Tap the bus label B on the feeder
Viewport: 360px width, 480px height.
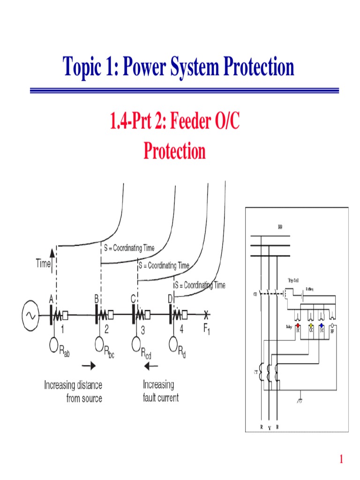[x=97, y=299]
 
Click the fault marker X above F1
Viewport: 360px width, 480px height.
[x=207, y=315]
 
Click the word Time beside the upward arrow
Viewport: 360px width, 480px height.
[x=43, y=264]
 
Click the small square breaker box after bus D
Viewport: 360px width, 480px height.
[x=185, y=315]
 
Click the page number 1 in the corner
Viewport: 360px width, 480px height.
[x=342, y=459]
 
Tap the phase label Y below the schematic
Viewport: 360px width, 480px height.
[x=270, y=427]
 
